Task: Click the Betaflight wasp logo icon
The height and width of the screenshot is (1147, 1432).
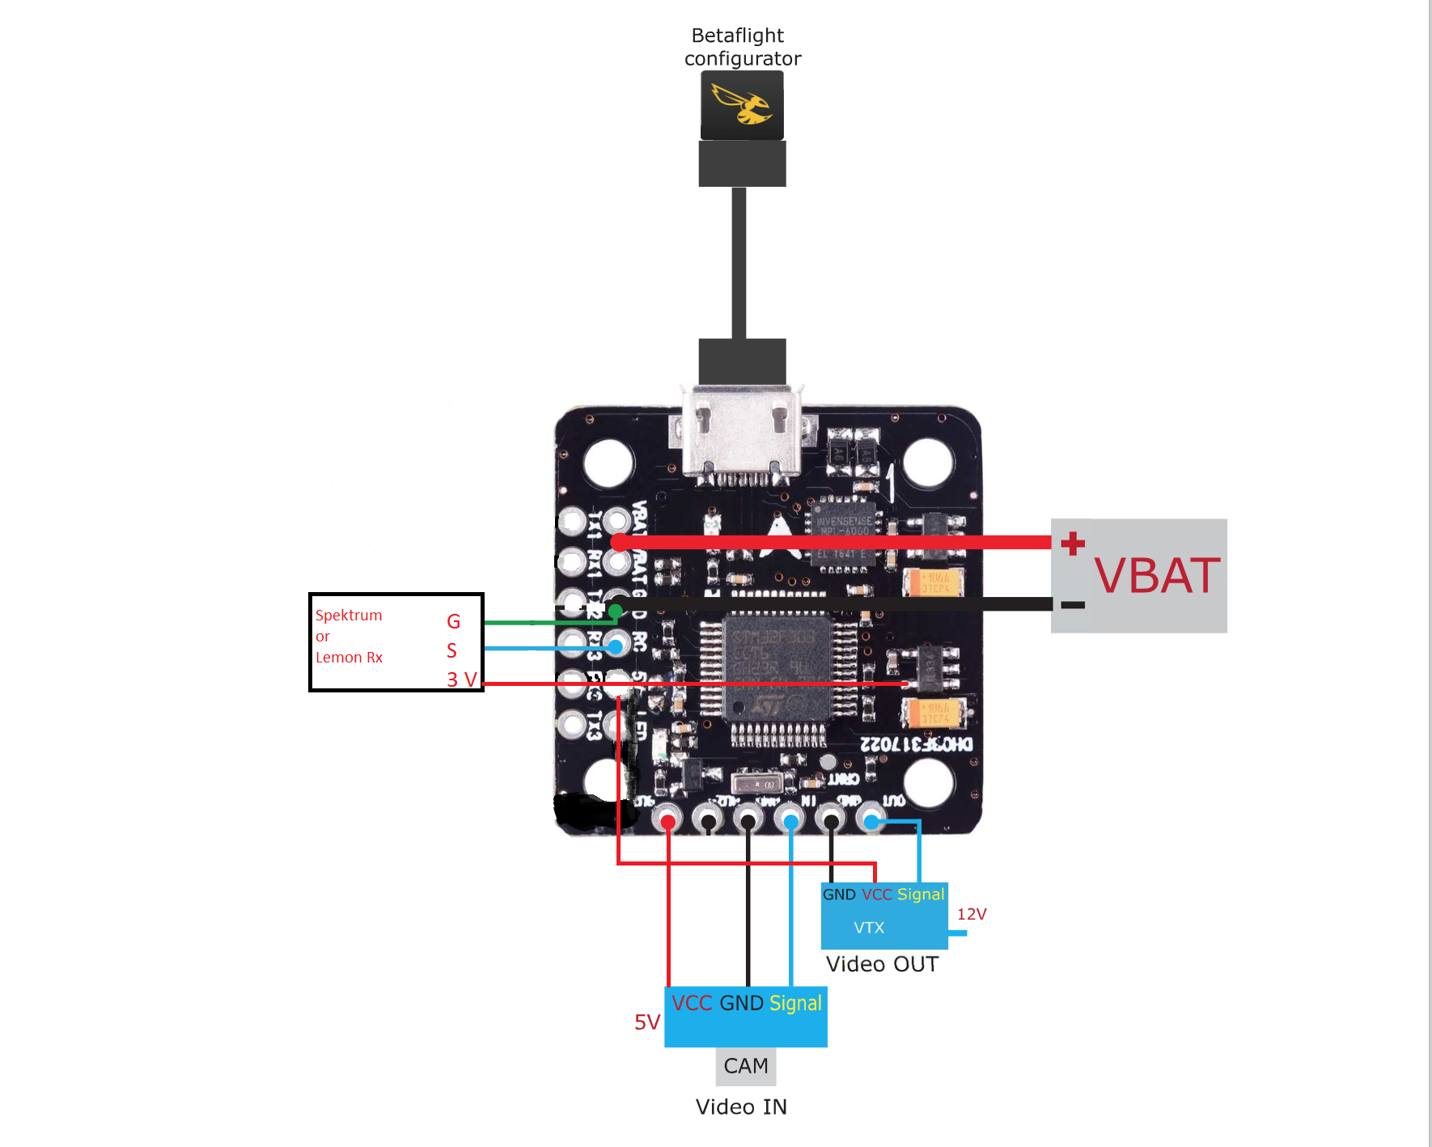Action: coord(742,106)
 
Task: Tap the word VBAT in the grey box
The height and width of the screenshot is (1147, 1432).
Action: coord(1156,576)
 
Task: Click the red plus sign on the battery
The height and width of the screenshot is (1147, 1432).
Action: coord(1073,543)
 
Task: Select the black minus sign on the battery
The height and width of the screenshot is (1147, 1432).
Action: coord(1073,604)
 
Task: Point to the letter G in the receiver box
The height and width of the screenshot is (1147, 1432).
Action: coord(453,621)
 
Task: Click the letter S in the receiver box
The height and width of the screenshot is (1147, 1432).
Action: coord(451,650)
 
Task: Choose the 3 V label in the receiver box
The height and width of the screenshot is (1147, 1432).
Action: coord(461,679)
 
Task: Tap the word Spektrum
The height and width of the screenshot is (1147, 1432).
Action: coord(349,615)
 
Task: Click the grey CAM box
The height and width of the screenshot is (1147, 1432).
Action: coord(746,1066)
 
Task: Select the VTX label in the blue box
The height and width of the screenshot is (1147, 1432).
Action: coord(869,928)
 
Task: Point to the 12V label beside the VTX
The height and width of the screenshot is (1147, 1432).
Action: coord(972,914)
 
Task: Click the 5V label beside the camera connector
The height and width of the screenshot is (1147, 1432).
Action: coord(647,1022)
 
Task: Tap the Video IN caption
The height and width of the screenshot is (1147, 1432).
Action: coord(741,1107)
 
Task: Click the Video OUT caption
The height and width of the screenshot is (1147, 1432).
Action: coord(882,964)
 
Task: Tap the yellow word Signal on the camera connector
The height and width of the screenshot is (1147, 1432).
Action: coord(795,1003)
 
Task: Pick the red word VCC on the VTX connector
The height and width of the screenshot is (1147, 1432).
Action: coord(877,894)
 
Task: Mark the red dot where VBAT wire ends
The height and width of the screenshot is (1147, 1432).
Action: coord(620,542)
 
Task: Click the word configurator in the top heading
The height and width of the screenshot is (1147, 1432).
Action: coord(743,58)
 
